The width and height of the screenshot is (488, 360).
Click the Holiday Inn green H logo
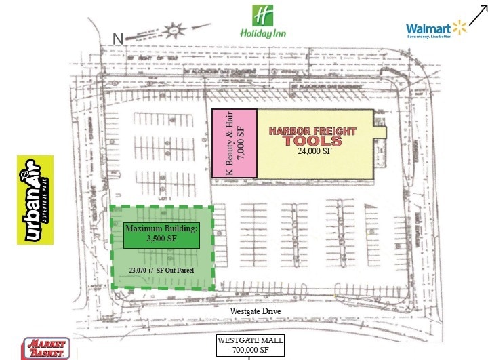pyautogui.click(x=262, y=15)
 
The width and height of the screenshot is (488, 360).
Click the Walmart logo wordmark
pyautogui.click(x=428, y=28)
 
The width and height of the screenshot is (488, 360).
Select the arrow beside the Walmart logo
pyautogui.click(x=479, y=11)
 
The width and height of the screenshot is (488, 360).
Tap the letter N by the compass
pyautogui.click(x=117, y=39)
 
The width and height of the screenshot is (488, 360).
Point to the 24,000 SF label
pyautogui.click(x=316, y=152)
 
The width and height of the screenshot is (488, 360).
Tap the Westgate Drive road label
pyautogui.click(x=254, y=311)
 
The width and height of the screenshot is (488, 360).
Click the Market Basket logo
pyautogui.click(x=45, y=348)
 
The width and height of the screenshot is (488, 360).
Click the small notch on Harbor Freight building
pyautogui.click(x=380, y=129)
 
